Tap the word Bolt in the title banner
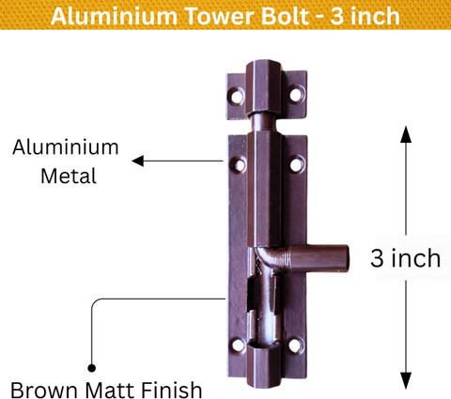286,16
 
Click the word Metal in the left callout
69,176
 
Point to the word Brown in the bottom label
44,390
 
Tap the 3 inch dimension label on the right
405,258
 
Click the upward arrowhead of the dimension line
406,134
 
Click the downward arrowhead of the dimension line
406,380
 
